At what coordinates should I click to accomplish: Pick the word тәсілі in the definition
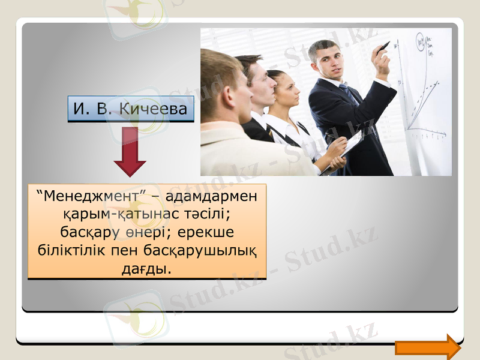pyautogui.click(x=205, y=214)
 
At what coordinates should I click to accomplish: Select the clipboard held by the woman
pyautogui.click(x=352, y=150)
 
